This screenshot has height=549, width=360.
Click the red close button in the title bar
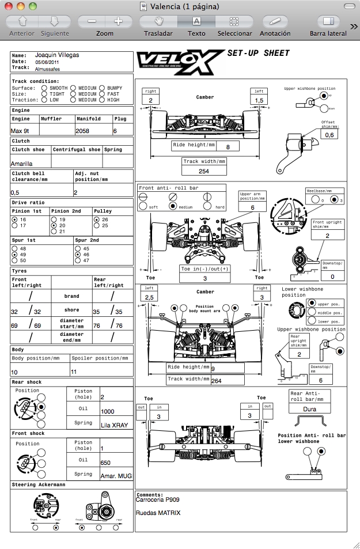pos(9,6)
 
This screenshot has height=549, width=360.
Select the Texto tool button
pos(196,21)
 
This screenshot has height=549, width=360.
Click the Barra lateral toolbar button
pos(328,21)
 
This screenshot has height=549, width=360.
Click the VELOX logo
pos(179,60)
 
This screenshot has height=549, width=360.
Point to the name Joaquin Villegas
pos(57,55)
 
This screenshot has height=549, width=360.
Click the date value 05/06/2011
pos(48,62)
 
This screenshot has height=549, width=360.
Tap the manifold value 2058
pos(82,131)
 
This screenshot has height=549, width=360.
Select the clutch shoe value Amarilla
pos(22,164)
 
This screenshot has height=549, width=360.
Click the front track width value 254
pos(204,171)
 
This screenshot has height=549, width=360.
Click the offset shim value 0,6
pos(329,135)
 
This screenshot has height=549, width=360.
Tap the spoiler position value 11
pos(73,372)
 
